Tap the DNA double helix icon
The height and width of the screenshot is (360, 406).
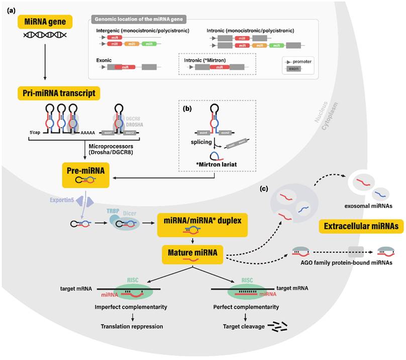45,37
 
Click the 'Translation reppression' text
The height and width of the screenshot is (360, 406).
133,326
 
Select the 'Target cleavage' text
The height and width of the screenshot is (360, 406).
243,326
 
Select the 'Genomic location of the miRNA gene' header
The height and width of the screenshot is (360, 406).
138,20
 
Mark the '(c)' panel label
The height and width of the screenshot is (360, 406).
264,188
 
